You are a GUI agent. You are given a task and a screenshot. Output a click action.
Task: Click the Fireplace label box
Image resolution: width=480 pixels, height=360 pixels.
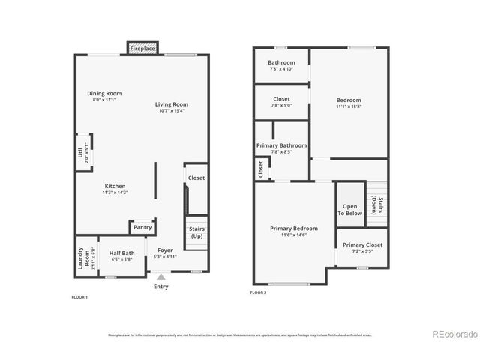click(142, 49)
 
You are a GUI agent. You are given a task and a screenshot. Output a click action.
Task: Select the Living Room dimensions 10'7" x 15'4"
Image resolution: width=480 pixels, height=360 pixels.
click(172, 111)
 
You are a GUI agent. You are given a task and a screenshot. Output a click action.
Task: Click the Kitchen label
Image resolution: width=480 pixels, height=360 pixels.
click(115, 186)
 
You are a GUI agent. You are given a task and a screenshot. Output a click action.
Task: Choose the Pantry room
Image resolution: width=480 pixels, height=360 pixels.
click(142, 227)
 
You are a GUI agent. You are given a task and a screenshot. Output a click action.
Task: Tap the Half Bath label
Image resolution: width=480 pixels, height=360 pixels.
click(121, 253)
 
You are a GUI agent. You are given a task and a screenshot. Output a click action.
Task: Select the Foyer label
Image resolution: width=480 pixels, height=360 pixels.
click(164, 250)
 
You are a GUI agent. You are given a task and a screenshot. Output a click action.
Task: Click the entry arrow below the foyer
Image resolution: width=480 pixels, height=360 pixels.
click(160, 277)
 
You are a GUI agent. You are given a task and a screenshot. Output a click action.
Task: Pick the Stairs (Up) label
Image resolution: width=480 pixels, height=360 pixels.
click(196, 232)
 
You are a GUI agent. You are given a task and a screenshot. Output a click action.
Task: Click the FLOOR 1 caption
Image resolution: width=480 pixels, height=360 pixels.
click(79, 297)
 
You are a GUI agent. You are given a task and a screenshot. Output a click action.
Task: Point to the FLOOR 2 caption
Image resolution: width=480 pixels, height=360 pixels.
click(259, 292)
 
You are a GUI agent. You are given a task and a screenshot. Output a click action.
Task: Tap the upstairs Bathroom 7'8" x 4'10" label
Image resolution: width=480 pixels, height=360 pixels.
click(281, 62)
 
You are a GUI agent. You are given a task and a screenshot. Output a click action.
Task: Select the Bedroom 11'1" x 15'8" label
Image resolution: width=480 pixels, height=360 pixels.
click(349, 100)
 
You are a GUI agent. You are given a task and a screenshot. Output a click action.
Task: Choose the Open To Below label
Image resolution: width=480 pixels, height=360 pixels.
click(350, 209)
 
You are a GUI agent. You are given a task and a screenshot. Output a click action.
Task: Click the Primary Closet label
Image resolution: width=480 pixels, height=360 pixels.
click(363, 245)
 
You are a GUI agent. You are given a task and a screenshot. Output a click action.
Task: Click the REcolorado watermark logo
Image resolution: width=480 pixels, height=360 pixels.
click(454, 334)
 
